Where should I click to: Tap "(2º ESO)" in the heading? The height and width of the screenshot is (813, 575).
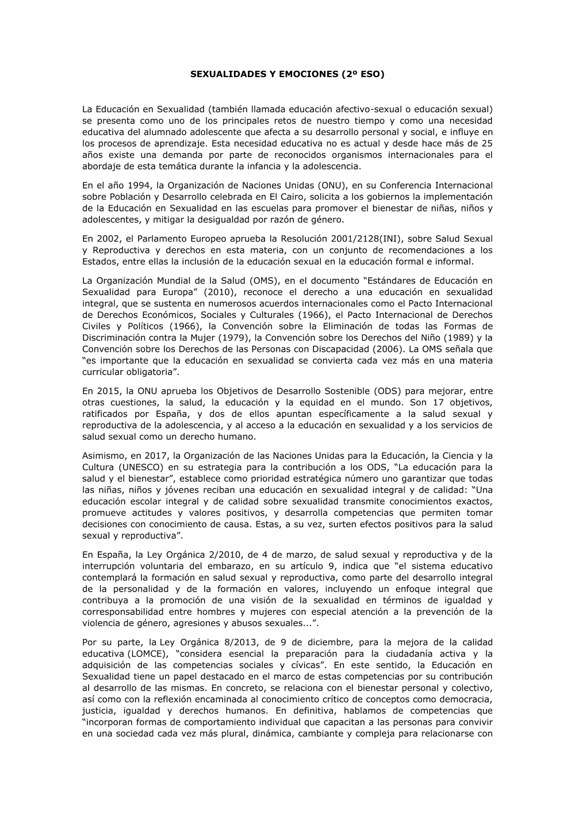363,74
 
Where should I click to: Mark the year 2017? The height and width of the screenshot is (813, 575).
148,455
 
